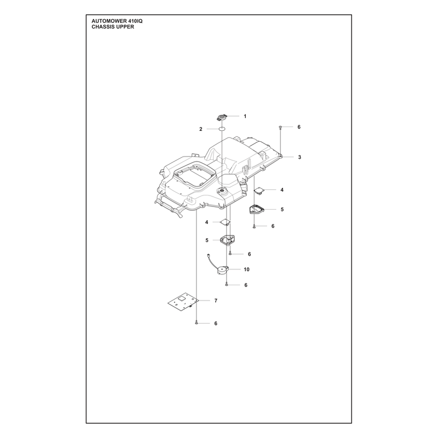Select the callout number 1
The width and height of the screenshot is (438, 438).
coord(245,116)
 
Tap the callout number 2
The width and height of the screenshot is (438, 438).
coord(200,129)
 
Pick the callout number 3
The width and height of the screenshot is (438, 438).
coord(299,157)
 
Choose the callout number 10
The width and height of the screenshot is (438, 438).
coord(246,269)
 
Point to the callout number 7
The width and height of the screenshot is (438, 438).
coord(216,301)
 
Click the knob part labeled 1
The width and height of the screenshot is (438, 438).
coord(222,117)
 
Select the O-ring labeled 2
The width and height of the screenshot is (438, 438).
coord(222,129)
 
